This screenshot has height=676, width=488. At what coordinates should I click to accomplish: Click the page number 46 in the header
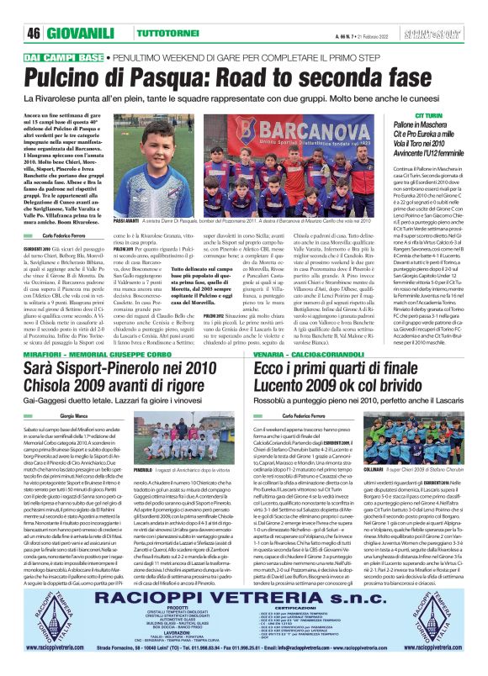[34, 32]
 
